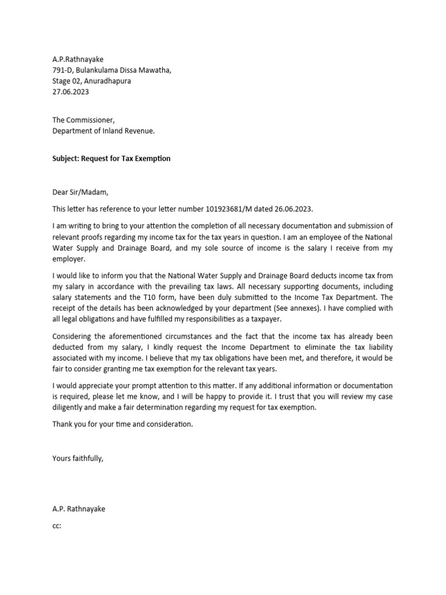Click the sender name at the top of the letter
coord(78,59)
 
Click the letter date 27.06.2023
coord(71,92)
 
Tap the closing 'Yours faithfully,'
coord(78,458)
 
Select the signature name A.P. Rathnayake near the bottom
coord(79,509)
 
